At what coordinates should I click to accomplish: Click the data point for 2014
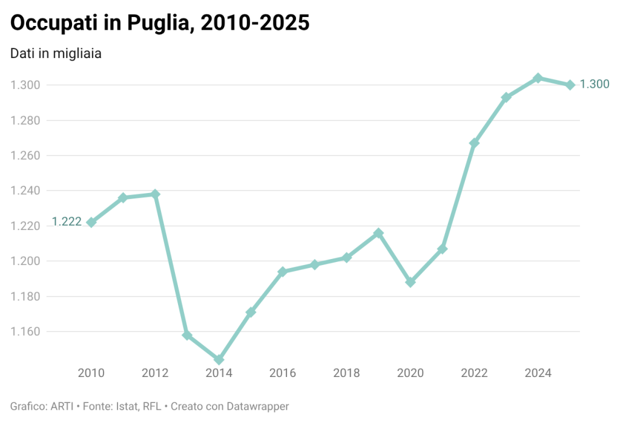[x=219, y=359]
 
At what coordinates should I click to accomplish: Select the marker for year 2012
[x=155, y=194]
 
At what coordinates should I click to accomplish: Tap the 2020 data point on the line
[x=411, y=282]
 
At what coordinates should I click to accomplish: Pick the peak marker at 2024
[x=538, y=78]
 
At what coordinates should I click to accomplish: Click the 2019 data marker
[x=378, y=233]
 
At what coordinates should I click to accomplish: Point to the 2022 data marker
[x=474, y=143]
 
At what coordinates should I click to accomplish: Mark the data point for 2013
[x=187, y=335]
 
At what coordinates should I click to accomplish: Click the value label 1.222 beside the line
[x=67, y=222]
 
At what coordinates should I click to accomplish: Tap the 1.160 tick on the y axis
[x=25, y=332]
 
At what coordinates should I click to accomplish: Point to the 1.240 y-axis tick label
[x=25, y=191]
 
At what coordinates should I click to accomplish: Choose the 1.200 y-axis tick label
[x=25, y=261]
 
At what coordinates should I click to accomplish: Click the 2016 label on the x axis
[x=283, y=373]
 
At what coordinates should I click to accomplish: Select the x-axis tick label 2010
[x=91, y=373]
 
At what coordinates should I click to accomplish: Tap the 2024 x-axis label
[x=538, y=373]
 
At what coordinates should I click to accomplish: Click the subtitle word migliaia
[x=76, y=53]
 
